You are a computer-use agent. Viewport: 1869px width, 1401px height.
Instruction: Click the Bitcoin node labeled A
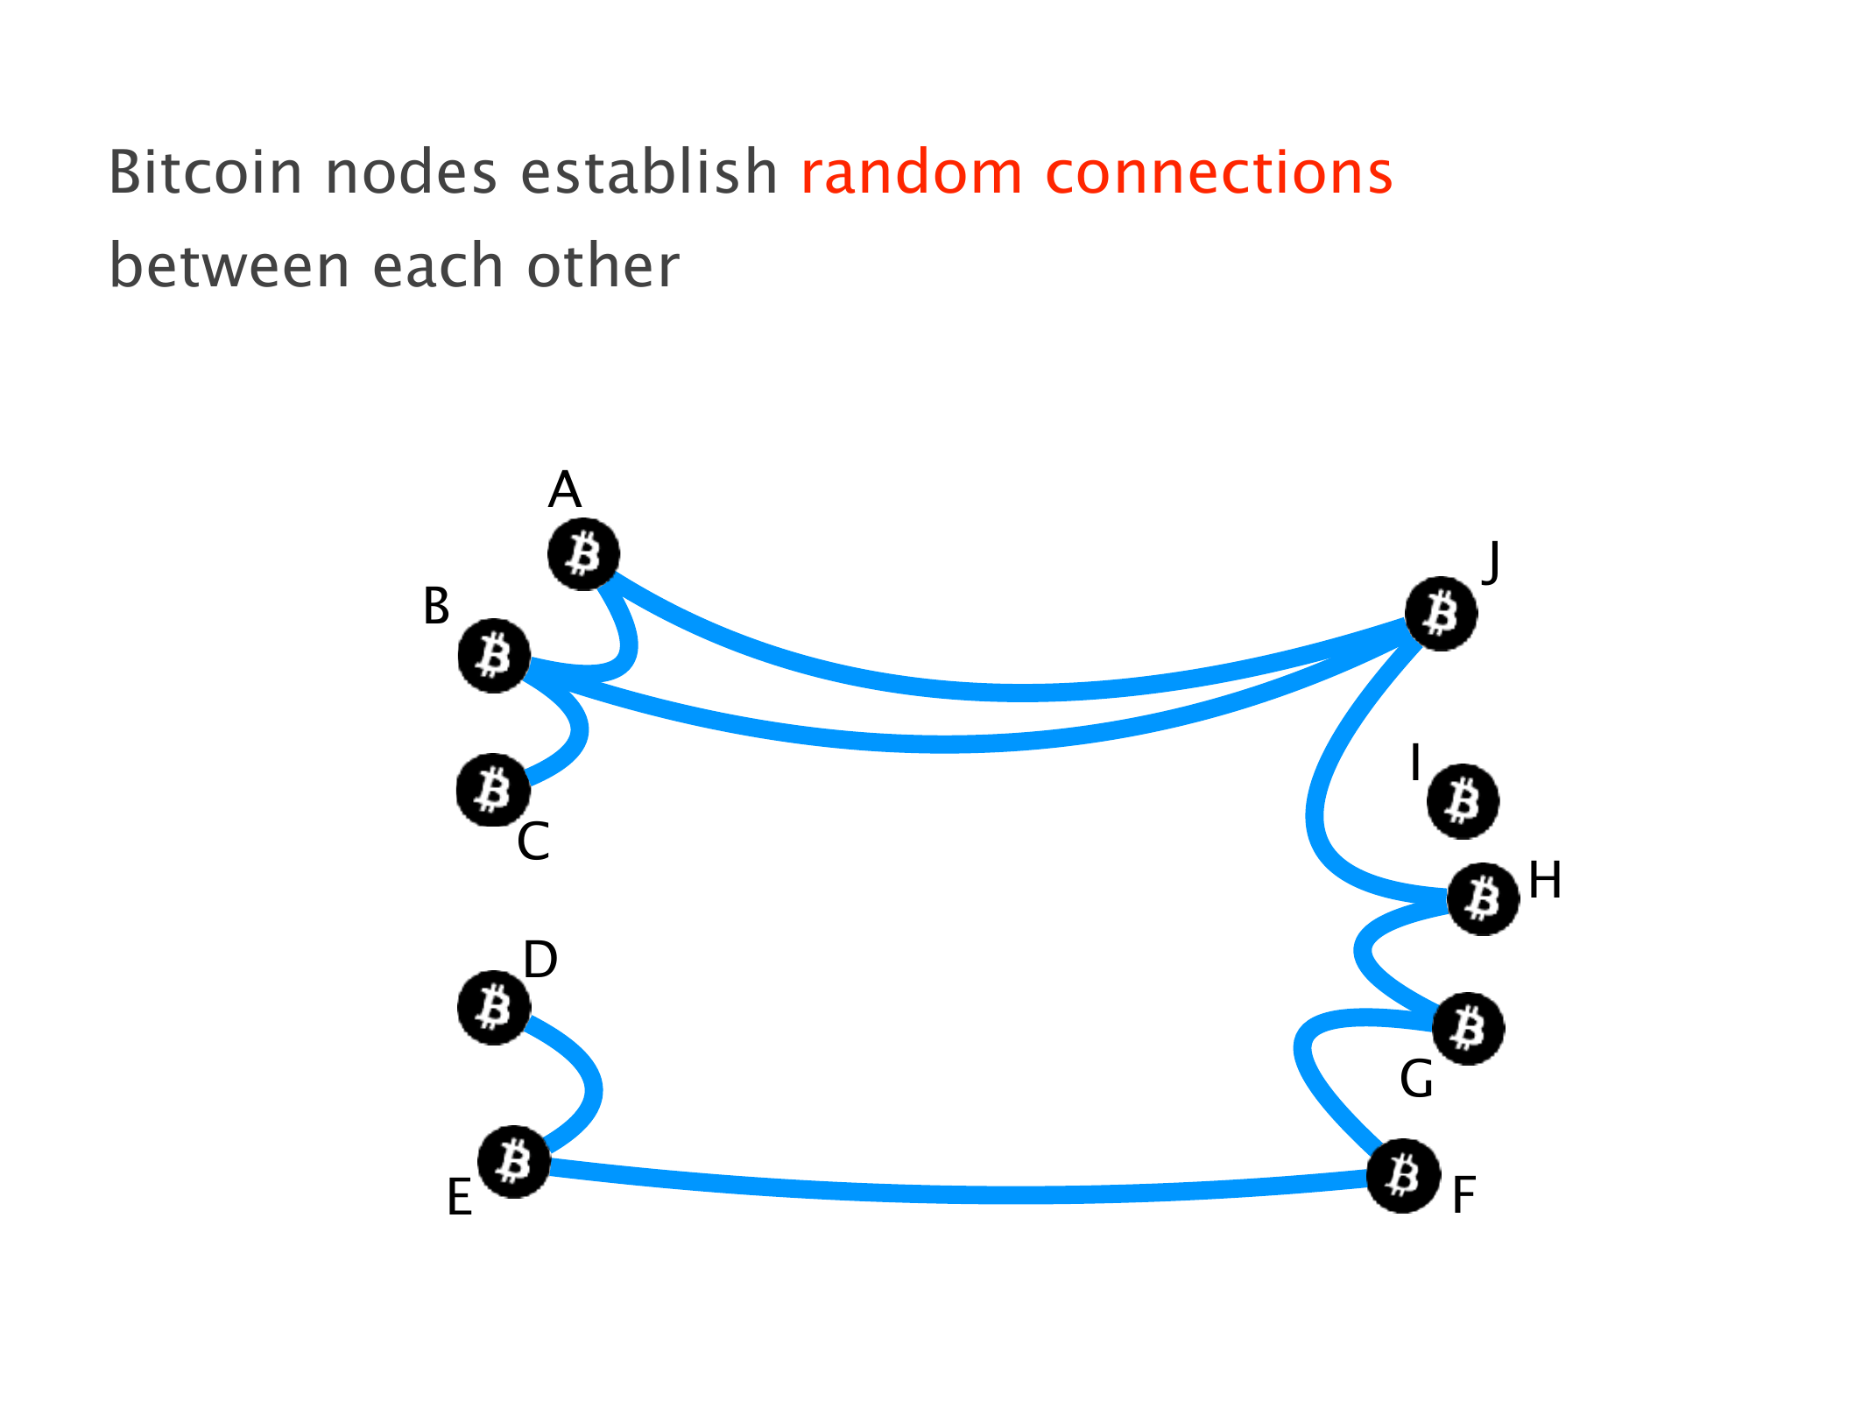583,554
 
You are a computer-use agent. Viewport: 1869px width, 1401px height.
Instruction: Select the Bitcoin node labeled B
494,656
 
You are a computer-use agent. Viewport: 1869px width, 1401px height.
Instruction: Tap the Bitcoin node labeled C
493,790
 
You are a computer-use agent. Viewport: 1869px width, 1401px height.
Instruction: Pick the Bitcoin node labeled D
494,1008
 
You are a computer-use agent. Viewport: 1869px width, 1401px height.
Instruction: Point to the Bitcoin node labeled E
514,1162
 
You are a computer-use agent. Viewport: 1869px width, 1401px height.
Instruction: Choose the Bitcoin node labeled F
1403,1176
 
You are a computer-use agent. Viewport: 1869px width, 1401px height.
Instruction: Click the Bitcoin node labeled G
1468,1029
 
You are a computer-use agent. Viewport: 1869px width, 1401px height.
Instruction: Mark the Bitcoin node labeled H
1483,898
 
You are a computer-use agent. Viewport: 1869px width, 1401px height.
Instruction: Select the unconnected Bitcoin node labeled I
1463,801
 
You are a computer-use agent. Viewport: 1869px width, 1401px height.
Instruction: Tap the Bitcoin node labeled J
1441,614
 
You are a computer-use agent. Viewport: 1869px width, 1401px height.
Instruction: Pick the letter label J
1491,561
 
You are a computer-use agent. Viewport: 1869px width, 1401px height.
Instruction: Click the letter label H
1545,880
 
